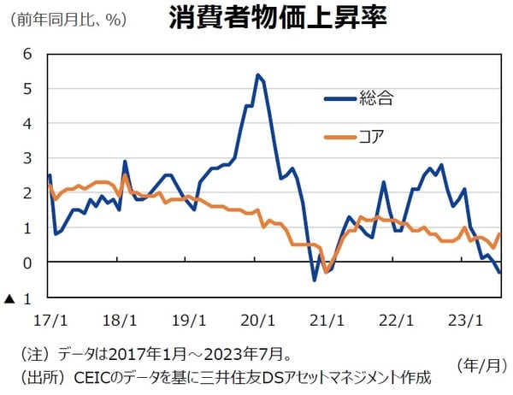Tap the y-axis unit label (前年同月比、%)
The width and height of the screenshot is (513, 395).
(x=64, y=19)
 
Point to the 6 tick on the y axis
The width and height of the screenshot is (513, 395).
(x=27, y=54)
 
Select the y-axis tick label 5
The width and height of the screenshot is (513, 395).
(x=27, y=89)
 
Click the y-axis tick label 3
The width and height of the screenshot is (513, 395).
(x=27, y=159)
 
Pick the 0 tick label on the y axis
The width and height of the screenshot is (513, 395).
(x=27, y=263)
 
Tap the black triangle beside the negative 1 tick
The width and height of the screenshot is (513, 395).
(x=9, y=299)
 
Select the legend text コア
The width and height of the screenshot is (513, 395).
(x=373, y=135)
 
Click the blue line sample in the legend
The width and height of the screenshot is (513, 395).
(x=339, y=97)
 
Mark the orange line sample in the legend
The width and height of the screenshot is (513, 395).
(x=339, y=135)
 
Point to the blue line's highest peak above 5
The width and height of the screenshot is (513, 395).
(x=257, y=75)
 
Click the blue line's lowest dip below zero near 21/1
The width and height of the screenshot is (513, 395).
(x=315, y=280)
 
